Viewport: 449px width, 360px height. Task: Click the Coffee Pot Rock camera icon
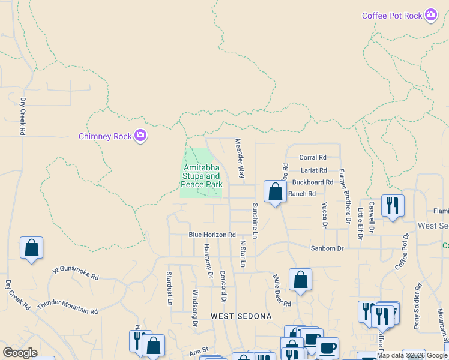tap(430, 15)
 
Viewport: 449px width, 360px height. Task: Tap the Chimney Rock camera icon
tap(140, 136)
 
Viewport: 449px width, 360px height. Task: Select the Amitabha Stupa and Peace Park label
tap(201, 176)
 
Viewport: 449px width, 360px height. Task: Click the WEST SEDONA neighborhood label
tap(241, 316)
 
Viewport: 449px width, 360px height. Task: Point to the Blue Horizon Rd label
tap(211, 235)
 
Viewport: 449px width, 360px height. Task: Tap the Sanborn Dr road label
tap(327, 248)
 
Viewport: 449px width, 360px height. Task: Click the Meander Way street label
tap(240, 158)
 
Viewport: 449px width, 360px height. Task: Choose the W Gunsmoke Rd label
tap(75, 273)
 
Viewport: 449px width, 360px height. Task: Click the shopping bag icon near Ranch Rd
tap(275, 192)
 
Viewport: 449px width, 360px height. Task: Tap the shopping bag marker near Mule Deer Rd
tap(300, 280)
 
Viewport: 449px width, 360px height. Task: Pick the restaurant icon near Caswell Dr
tap(393, 205)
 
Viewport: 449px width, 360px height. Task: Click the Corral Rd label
tap(312, 157)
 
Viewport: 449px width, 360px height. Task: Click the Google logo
tap(20, 353)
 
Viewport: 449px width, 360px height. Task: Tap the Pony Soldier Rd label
tap(417, 310)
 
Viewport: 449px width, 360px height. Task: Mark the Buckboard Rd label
tap(312, 182)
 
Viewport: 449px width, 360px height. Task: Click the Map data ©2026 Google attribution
tap(412, 355)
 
